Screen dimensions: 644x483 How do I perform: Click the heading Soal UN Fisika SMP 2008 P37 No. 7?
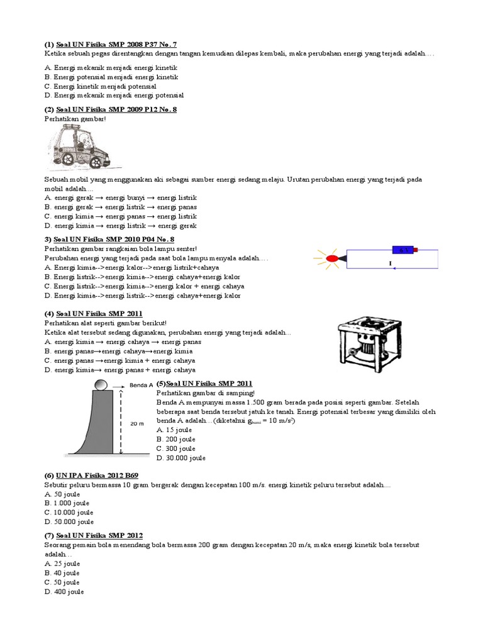(116, 45)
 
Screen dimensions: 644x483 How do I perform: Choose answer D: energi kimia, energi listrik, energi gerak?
(121, 226)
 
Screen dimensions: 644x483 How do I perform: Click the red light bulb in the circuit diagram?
(331, 258)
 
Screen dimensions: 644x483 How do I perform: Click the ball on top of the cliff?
(101, 385)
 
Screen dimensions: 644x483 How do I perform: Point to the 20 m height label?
(137, 423)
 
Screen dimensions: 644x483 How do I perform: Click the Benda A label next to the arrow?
(141, 385)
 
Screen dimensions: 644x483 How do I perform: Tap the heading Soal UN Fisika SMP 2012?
(104, 535)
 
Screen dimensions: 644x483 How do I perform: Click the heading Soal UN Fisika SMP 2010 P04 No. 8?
(109, 240)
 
